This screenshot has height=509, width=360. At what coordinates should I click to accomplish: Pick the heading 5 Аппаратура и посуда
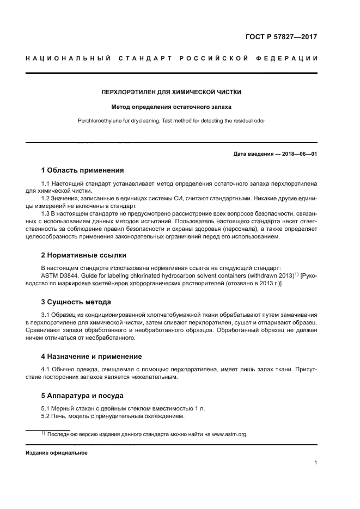click(x=82, y=395)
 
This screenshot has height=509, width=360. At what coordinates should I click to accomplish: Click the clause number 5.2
click(x=46, y=417)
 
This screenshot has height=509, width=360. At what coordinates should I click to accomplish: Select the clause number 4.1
click(x=46, y=370)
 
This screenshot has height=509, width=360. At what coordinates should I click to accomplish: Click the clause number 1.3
click(x=46, y=214)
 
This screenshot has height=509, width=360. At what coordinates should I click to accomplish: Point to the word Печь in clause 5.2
click(x=60, y=417)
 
